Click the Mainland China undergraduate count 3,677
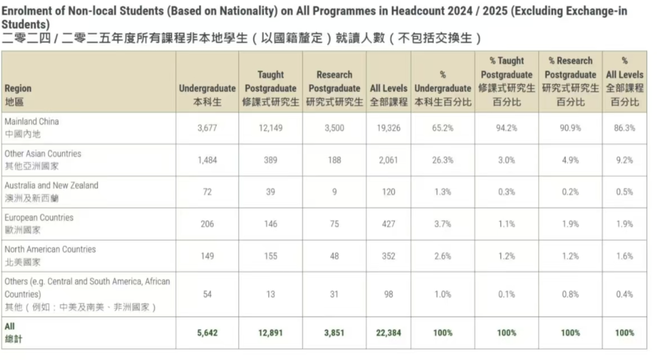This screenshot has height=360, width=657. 207,128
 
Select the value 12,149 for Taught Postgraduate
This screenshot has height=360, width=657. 271,128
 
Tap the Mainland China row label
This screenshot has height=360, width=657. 32,122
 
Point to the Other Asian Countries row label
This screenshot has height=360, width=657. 43,154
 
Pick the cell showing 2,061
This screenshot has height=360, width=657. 389,160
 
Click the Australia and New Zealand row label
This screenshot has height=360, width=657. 51,185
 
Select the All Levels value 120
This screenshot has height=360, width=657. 389,192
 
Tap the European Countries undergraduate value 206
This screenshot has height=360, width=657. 207,224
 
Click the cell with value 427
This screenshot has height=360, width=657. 389,224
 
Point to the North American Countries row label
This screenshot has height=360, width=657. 50,249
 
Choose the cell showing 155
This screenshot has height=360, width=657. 271,256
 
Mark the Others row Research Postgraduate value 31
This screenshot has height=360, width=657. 334,294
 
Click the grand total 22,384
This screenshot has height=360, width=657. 389,333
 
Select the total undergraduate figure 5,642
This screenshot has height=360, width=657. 207,333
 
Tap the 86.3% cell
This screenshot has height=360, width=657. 625,128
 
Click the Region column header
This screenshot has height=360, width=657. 18,89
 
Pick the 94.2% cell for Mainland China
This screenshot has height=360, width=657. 506,128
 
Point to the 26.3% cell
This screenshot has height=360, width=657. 443,160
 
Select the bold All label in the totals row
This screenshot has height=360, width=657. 10,327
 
